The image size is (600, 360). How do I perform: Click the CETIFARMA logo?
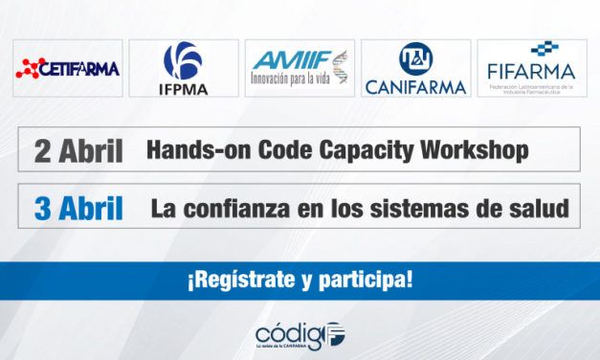(67, 68)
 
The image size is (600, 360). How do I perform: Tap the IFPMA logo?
(183, 68)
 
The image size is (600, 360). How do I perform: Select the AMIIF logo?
(300, 68)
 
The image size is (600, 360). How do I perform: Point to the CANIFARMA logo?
(415, 68)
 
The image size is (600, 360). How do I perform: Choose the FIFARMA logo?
(532, 68)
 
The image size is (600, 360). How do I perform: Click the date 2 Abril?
(78, 150)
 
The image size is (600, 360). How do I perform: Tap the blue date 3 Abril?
(78, 209)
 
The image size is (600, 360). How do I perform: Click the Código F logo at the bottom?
(300, 335)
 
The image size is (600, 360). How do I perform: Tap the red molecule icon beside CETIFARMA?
(30, 68)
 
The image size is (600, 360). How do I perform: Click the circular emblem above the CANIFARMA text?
(415, 57)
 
